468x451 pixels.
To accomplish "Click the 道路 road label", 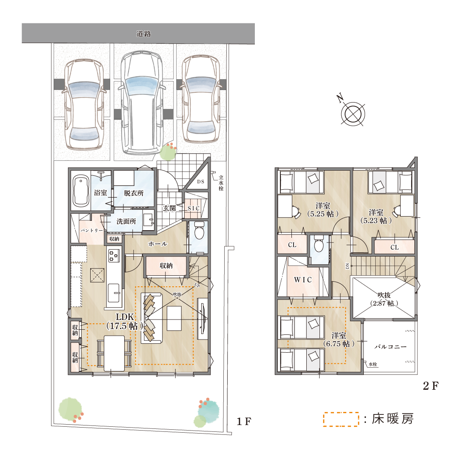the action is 143,34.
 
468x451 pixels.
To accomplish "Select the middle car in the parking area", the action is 142,103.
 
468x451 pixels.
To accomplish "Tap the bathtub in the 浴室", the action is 80,191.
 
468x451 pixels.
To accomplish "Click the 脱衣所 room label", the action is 134,193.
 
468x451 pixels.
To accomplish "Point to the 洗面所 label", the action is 126,222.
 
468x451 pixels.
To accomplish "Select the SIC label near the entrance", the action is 194,208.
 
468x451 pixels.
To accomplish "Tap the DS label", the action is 200,182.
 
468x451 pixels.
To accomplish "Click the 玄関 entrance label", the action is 169,208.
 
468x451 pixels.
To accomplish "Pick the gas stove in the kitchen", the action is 114,256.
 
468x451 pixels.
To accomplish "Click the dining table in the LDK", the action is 114,354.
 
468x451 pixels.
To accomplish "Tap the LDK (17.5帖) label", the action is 125,322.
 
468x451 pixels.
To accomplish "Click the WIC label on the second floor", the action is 303,280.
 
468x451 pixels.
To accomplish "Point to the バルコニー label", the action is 391,347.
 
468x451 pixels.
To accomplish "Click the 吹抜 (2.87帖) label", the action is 384,299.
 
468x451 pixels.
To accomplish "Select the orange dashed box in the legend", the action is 341,420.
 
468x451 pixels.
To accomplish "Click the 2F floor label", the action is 431,386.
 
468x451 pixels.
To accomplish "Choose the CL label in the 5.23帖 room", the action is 394,248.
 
